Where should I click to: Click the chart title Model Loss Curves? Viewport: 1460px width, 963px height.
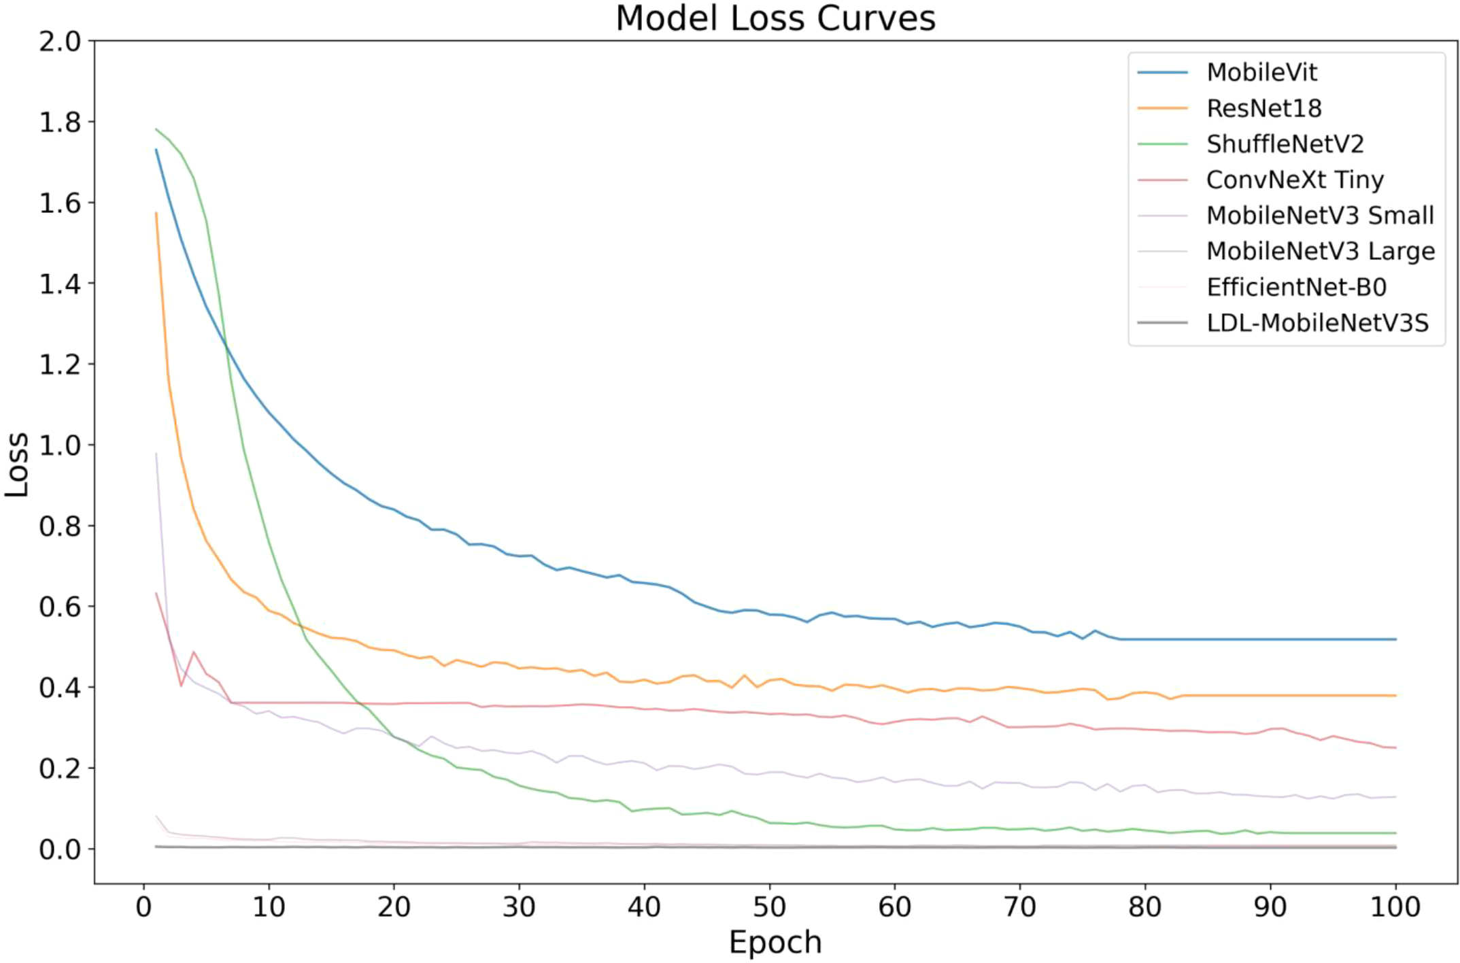pyautogui.click(x=775, y=18)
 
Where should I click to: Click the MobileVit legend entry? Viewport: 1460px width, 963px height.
pyautogui.click(x=1261, y=72)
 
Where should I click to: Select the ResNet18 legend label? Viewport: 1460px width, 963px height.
pyautogui.click(x=1263, y=108)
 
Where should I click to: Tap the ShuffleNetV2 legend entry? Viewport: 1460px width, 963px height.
pyautogui.click(x=1285, y=144)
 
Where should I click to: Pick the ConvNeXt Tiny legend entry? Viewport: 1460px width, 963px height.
pyautogui.click(x=1294, y=180)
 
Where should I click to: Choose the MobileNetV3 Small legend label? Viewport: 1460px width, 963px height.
pyautogui.click(x=1319, y=216)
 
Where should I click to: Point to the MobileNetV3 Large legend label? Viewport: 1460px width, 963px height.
pyautogui.click(x=1320, y=252)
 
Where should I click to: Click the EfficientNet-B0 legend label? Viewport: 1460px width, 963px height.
pyautogui.click(x=1295, y=288)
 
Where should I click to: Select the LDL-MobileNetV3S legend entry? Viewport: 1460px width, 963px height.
pyautogui.click(x=1317, y=323)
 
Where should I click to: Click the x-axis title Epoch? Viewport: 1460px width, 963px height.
pyautogui.click(x=775, y=943)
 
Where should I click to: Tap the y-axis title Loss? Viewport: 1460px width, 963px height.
pyautogui.click(x=17, y=464)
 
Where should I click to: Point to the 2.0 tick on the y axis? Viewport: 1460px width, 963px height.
pyautogui.click(x=60, y=42)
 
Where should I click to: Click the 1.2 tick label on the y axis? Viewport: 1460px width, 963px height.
pyautogui.click(x=60, y=365)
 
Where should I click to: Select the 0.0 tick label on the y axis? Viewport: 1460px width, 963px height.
pyautogui.click(x=60, y=849)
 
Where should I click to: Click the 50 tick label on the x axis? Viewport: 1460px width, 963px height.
pyautogui.click(x=769, y=907)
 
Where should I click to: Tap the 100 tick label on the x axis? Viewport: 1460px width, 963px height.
pyautogui.click(x=1395, y=907)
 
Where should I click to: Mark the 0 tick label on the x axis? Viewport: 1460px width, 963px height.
pyautogui.click(x=143, y=907)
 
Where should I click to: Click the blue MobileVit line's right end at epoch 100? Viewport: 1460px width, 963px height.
pyautogui.click(x=1395, y=639)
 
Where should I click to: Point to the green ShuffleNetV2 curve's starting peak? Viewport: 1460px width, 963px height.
pyautogui.click(x=157, y=129)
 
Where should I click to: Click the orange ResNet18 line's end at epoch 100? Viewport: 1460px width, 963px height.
pyautogui.click(x=1395, y=696)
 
